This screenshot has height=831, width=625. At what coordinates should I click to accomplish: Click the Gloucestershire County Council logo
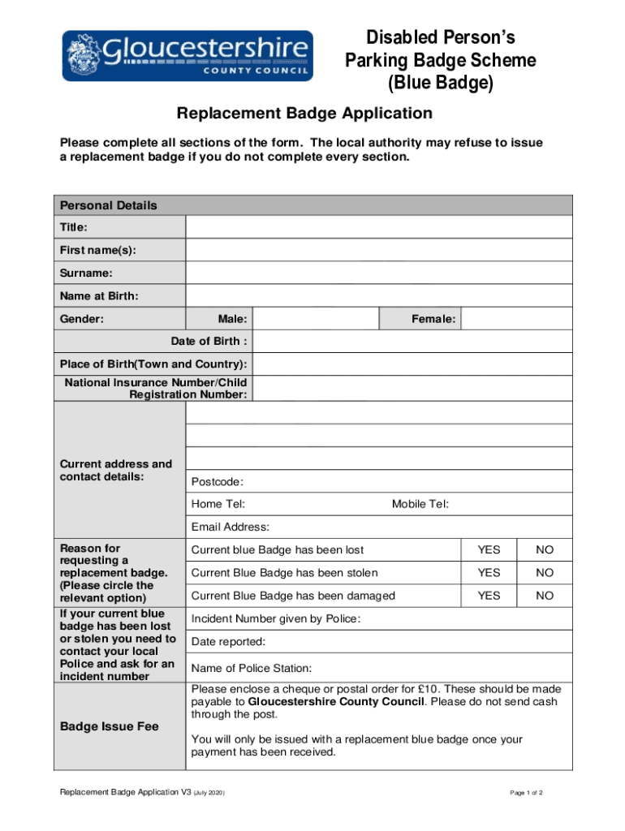click(x=187, y=55)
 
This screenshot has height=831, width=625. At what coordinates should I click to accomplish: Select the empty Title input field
click(x=379, y=227)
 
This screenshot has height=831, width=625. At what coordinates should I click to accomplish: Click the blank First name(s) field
click(x=379, y=250)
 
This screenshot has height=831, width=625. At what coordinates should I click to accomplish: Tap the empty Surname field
click(x=379, y=273)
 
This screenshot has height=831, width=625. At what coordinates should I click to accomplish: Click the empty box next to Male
click(x=316, y=319)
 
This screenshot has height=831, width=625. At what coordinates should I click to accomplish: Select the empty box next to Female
click(x=516, y=319)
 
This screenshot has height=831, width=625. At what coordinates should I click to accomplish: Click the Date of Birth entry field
click(x=412, y=342)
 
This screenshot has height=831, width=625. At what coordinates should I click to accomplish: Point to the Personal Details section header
click(x=109, y=205)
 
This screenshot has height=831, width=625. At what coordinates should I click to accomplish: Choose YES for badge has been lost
click(x=489, y=550)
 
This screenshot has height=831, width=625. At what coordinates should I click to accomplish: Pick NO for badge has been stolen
click(x=544, y=573)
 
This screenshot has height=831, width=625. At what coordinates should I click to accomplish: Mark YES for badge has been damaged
click(x=489, y=596)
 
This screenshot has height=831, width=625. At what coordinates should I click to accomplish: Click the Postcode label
click(x=218, y=482)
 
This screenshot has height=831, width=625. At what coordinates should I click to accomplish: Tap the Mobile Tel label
click(x=420, y=504)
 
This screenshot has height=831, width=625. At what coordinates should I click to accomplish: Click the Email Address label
click(x=231, y=527)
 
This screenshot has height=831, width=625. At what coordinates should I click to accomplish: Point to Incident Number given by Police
click(x=276, y=619)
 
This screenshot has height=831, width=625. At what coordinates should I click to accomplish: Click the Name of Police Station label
click(x=252, y=668)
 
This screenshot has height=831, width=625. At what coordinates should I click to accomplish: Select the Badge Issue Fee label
click(x=110, y=726)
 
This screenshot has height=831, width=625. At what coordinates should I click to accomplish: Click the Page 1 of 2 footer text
click(x=526, y=792)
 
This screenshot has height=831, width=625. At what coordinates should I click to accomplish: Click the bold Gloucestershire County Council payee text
click(x=336, y=701)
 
